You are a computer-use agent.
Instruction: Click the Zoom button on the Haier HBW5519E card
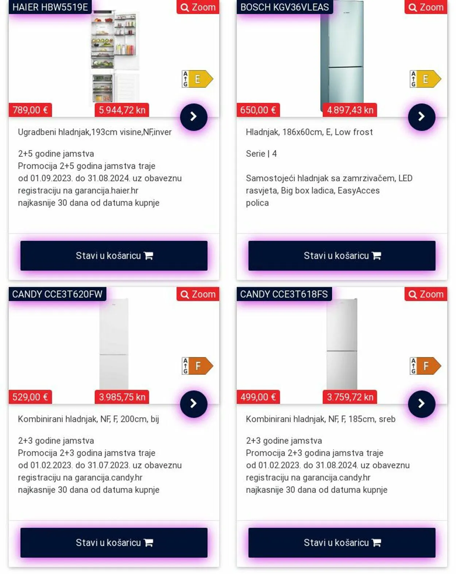[x=198, y=7]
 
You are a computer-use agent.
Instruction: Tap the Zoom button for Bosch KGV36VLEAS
[x=426, y=7]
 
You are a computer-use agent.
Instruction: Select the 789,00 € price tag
[x=30, y=110]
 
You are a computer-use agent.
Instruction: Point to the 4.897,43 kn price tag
[x=350, y=110]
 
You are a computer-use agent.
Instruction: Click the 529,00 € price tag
[x=30, y=397]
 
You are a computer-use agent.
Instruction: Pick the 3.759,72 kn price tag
[x=350, y=397]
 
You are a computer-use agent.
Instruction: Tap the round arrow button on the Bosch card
[x=421, y=117]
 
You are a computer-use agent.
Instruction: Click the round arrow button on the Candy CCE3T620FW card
[x=194, y=404]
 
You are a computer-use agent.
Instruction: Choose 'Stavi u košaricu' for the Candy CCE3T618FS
[x=342, y=543]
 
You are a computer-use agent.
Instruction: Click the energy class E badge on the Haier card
[x=197, y=79]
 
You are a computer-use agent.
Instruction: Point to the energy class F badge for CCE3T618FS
[x=425, y=366]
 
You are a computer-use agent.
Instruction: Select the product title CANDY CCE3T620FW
[x=57, y=294]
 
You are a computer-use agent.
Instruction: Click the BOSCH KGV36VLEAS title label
[x=285, y=7]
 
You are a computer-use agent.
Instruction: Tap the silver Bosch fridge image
[x=342, y=55]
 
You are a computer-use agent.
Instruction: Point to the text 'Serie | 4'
[x=261, y=154]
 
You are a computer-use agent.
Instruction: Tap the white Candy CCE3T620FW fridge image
[x=114, y=343]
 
